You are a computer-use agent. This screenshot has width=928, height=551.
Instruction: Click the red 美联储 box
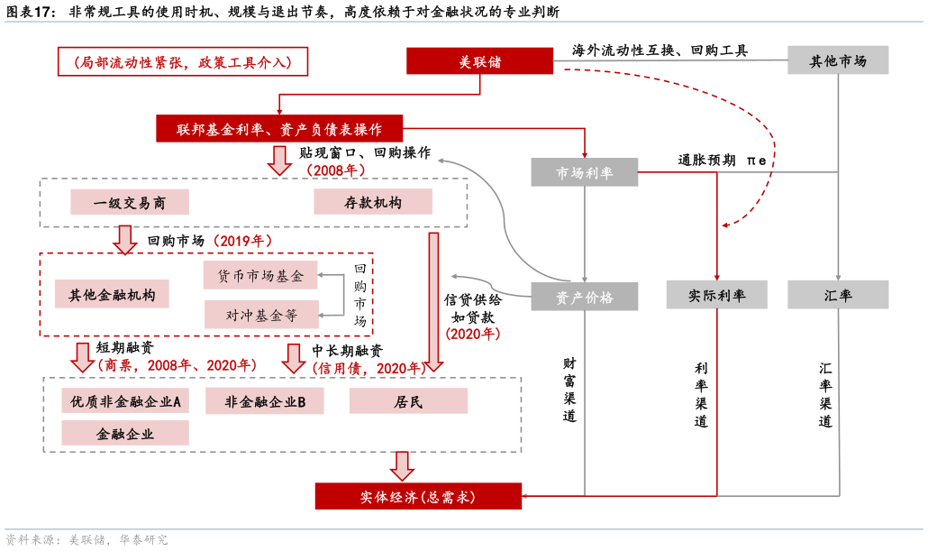[479, 61]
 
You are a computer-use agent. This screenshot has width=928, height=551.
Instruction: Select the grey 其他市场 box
[838, 60]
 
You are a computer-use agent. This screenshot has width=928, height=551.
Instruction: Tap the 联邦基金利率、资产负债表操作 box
[279, 129]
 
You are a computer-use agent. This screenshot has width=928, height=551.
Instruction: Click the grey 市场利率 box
[584, 172]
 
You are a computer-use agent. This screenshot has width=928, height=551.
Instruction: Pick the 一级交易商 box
[130, 202]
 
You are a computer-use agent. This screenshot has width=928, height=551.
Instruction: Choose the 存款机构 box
[372, 202]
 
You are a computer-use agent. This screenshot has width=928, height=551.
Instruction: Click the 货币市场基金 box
[260, 275]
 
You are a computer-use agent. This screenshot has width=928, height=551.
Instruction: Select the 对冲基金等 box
[260, 315]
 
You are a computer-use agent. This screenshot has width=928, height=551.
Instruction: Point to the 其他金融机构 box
[112, 294]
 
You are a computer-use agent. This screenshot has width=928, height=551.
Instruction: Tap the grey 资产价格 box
[584, 297]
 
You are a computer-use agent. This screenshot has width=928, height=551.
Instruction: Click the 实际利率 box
[716, 295]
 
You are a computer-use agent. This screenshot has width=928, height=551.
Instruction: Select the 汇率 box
[838, 295]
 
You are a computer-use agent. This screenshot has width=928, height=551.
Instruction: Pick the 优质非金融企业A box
[125, 401]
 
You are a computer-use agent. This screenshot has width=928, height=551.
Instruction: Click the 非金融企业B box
[264, 401]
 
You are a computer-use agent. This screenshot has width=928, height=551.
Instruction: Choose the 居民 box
[408, 401]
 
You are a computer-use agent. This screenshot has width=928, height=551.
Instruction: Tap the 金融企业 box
[125, 433]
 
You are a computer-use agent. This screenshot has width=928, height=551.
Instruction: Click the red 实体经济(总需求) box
[418, 496]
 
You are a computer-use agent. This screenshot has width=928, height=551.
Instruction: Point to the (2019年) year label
[241, 241]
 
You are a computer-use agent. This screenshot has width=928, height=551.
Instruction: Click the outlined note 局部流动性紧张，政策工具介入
[183, 61]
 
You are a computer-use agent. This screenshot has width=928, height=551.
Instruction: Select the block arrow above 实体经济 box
[402, 465]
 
